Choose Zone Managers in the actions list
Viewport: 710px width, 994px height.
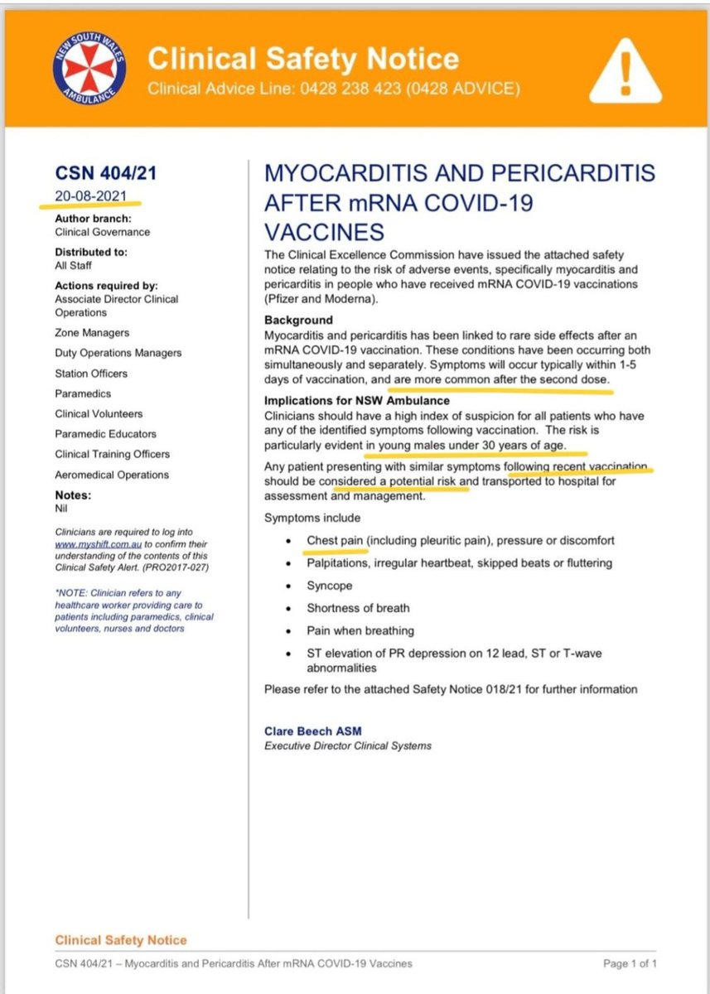pyautogui.click(x=92, y=332)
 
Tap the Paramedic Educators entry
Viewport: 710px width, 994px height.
pyautogui.click(x=105, y=433)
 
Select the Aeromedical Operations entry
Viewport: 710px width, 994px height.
pyautogui.click(x=112, y=475)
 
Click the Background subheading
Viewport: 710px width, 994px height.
pyautogui.click(x=298, y=320)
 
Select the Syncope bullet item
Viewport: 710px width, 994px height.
pyautogui.click(x=329, y=586)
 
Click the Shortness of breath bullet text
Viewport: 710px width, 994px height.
pyautogui.click(x=358, y=608)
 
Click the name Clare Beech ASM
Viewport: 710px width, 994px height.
pyautogui.click(x=312, y=731)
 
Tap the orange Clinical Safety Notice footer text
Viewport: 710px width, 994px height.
pyautogui.click(x=121, y=940)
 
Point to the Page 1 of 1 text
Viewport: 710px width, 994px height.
pyautogui.click(x=630, y=963)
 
